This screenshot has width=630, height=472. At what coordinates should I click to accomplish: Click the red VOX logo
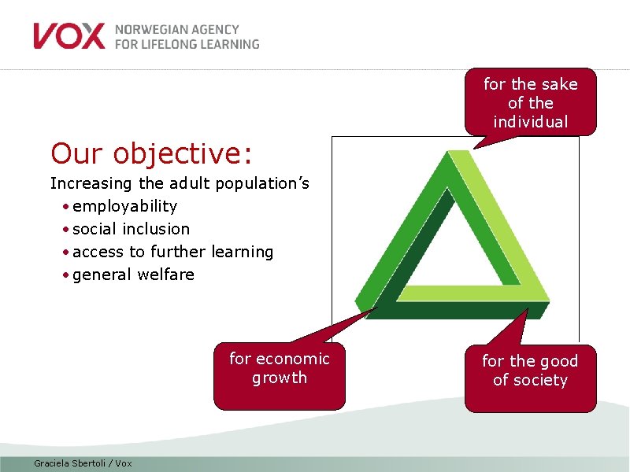pos(69,36)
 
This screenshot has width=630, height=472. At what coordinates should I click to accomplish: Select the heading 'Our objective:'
pos(151,153)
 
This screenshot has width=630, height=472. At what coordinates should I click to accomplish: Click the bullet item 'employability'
pos(124,206)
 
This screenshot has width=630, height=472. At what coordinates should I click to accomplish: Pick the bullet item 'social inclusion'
pos(131,229)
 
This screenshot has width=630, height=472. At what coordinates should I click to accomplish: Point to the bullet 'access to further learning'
pos(172,252)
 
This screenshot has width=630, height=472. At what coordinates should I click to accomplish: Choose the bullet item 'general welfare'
pos(133,275)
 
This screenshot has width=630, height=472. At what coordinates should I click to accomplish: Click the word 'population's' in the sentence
pos(263,184)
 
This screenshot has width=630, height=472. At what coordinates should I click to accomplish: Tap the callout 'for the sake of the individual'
pos(530,103)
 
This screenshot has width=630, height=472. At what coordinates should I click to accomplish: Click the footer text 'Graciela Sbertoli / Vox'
pos(83,463)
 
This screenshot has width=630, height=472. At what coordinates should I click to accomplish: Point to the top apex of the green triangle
pos(453,154)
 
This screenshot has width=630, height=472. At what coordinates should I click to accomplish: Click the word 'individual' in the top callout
pos(530,122)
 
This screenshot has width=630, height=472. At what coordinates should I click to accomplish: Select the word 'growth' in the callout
pos(280,378)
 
